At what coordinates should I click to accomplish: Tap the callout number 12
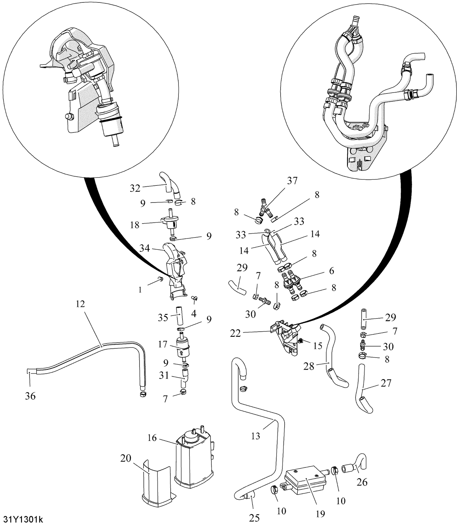80,304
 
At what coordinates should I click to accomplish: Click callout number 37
292,181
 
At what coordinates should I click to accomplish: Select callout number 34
145,248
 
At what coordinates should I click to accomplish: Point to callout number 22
236,333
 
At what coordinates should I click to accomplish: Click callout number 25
254,517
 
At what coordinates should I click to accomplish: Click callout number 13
255,436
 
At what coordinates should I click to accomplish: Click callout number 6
331,270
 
